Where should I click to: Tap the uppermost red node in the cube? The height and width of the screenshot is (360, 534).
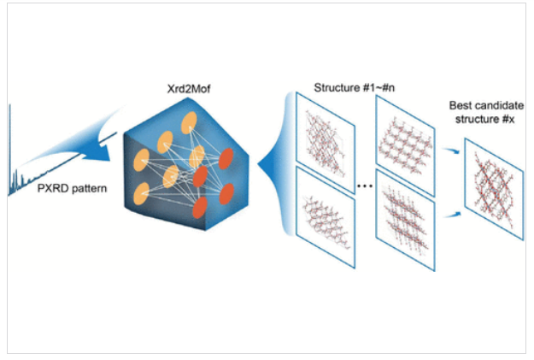[x=226, y=157]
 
